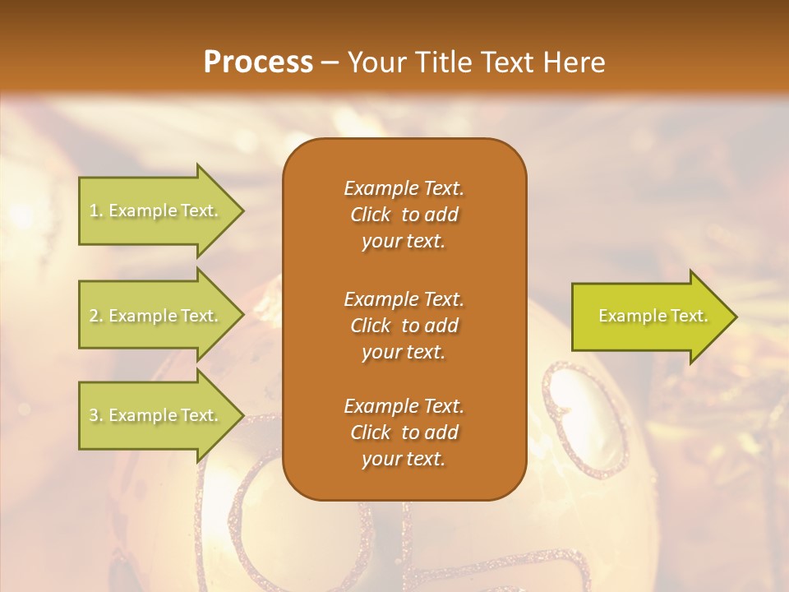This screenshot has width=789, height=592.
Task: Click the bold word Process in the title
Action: point(258,62)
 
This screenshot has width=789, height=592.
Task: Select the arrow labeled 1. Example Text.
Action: point(156,211)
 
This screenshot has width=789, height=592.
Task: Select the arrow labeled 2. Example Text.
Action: point(156,316)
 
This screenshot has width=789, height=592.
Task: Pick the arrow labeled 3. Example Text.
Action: point(156,415)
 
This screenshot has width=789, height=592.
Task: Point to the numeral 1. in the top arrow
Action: point(95,211)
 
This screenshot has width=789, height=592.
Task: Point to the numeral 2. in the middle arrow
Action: point(95,316)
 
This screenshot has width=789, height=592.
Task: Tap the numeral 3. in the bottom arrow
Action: point(95,415)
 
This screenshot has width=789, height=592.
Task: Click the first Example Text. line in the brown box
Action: point(404,188)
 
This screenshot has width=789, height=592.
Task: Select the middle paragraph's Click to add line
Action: point(404,326)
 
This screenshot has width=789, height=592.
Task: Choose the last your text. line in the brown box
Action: point(404,460)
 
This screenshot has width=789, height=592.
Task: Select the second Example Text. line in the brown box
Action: point(404,298)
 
